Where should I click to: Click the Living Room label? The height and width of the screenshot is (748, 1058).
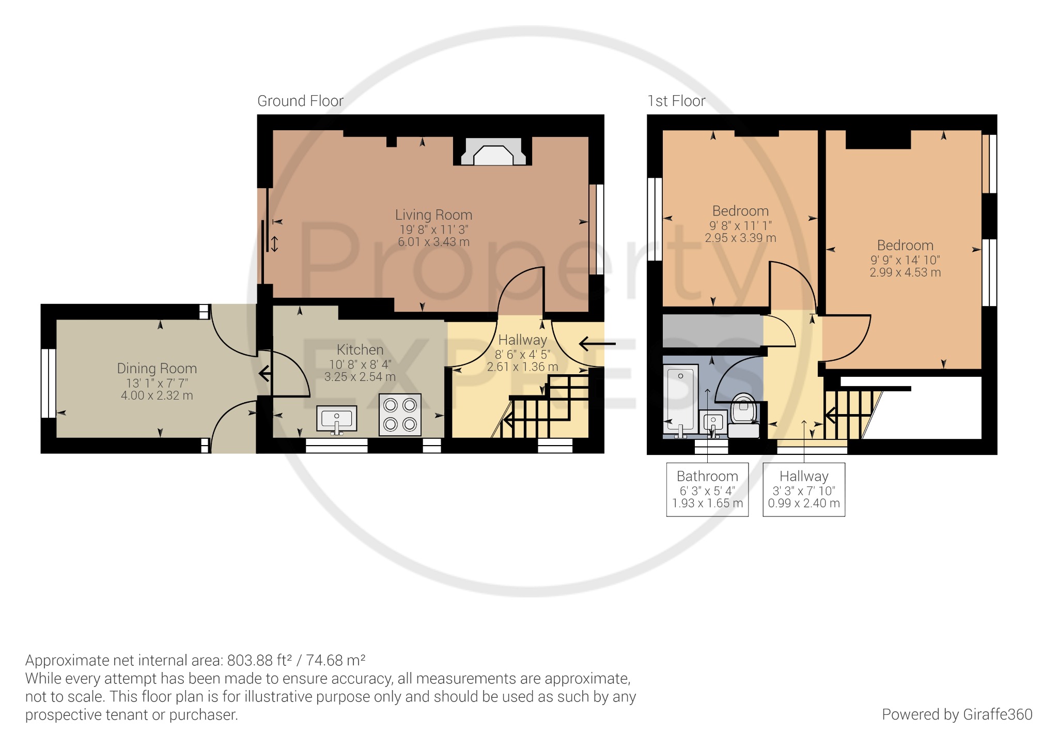(x=433, y=215)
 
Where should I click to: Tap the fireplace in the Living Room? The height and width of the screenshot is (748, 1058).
(x=493, y=151)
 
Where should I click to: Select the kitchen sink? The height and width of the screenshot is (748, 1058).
(x=336, y=419)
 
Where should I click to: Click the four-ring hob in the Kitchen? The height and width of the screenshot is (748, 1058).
(x=400, y=415)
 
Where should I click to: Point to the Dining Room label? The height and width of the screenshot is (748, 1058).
(x=157, y=368)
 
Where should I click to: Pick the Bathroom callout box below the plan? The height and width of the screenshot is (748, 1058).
(x=707, y=489)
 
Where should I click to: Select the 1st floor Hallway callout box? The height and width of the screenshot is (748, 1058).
(x=804, y=489)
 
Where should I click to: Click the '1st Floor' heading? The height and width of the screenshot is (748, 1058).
(x=676, y=101)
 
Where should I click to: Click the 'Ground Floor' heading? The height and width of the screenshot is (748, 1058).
(x=301, y=101)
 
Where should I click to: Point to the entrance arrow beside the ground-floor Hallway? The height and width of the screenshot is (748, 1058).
(x=597, y=343)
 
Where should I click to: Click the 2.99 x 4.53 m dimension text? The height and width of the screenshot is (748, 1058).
(x=905, y=272)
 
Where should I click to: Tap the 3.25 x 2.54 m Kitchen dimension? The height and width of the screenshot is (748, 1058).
(x=360, y=377)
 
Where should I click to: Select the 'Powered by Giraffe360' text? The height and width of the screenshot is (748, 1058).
(x=957, y=714)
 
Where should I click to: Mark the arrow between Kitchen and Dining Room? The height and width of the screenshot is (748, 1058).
(x=264, y=373)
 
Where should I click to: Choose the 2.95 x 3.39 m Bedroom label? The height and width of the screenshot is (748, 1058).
(x=740, y=238)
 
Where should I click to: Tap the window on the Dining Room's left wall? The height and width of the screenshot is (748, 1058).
(x=49, y=383)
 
